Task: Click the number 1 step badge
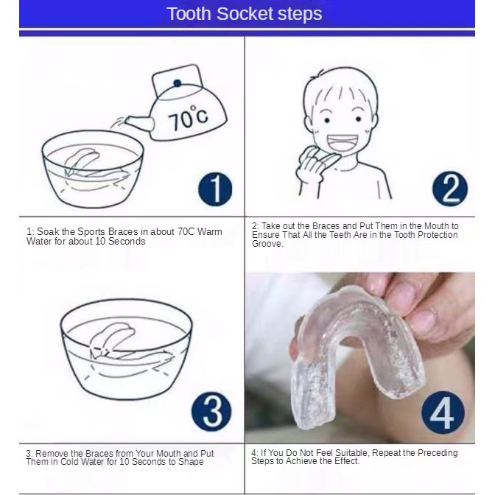click(215, 189)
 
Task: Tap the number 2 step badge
click(450, 189)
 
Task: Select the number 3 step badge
click(211, 411)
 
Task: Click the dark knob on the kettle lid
click(178, 83)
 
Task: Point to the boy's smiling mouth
click(343, 143)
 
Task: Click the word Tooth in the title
click(189, 14)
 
